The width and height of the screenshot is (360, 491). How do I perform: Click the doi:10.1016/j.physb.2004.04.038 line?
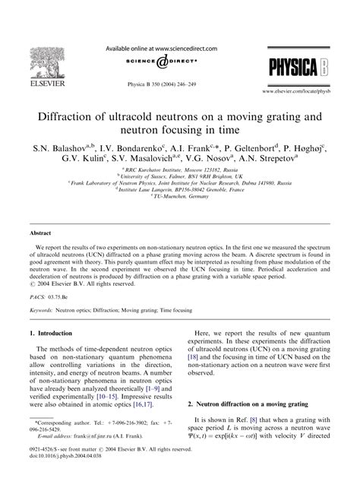coord(68,479)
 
